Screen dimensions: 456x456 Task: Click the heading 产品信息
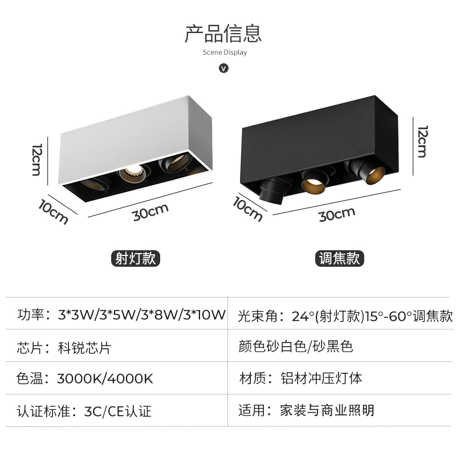pyautogui.click(x=223, y=32)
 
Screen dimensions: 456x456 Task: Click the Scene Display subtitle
pyautogui.click(x=225, y=52)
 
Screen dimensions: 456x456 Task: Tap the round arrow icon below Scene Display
pyautogui.click(x=224, y=68)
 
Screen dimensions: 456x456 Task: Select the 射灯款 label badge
pyautogui.click(x=135, y=258)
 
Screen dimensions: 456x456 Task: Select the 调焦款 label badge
pyautogui.click(x=339, y=258)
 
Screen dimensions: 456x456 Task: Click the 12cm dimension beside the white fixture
pyautogui.click(x=36, y=160)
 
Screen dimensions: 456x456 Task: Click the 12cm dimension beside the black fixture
pyautogui.click(x=421, y=141)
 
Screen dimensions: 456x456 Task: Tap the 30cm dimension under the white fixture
pyautogui.click(x=150, y=212)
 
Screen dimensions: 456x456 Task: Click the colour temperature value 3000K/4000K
pyautogui.click(x=105, y=378)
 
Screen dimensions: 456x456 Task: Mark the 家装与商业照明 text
pyautogui.click(x=327, y=410)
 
